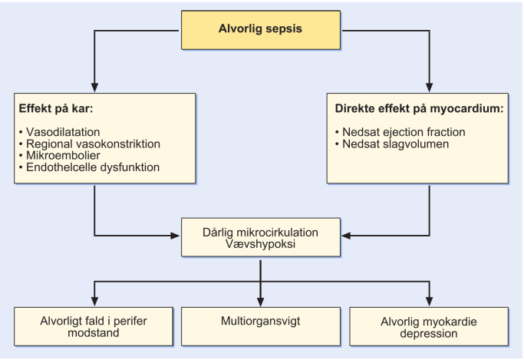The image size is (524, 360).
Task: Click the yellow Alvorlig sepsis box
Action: (261, 30)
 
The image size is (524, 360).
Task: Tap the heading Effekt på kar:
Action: (56, 109)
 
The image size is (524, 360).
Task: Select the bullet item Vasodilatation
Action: (60, 132)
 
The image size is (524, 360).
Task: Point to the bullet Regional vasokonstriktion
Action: (90, 144)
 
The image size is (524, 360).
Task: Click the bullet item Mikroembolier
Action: (60, 155)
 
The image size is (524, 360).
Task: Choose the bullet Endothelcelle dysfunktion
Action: (89, 167)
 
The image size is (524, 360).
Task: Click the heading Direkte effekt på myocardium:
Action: (419, 109)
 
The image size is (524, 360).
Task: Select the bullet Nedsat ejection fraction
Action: (400, 132)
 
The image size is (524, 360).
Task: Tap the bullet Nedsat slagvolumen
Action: (392, 144)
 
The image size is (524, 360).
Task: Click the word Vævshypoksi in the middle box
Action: (260, 244)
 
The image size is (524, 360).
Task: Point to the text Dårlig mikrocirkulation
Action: (260, 233)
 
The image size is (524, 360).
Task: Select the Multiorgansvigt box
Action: (261, 326)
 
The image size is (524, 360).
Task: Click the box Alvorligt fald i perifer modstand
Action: (94, 326)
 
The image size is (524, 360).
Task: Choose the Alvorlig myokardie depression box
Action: (429, 326)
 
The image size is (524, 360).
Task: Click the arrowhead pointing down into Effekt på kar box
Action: (94, 88)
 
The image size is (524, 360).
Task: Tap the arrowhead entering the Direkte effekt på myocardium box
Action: (430, 88)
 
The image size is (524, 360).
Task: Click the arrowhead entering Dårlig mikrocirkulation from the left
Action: (175, 236)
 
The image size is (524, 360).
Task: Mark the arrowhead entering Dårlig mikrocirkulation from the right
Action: (347, 236)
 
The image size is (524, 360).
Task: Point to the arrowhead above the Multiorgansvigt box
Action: (261, 302)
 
